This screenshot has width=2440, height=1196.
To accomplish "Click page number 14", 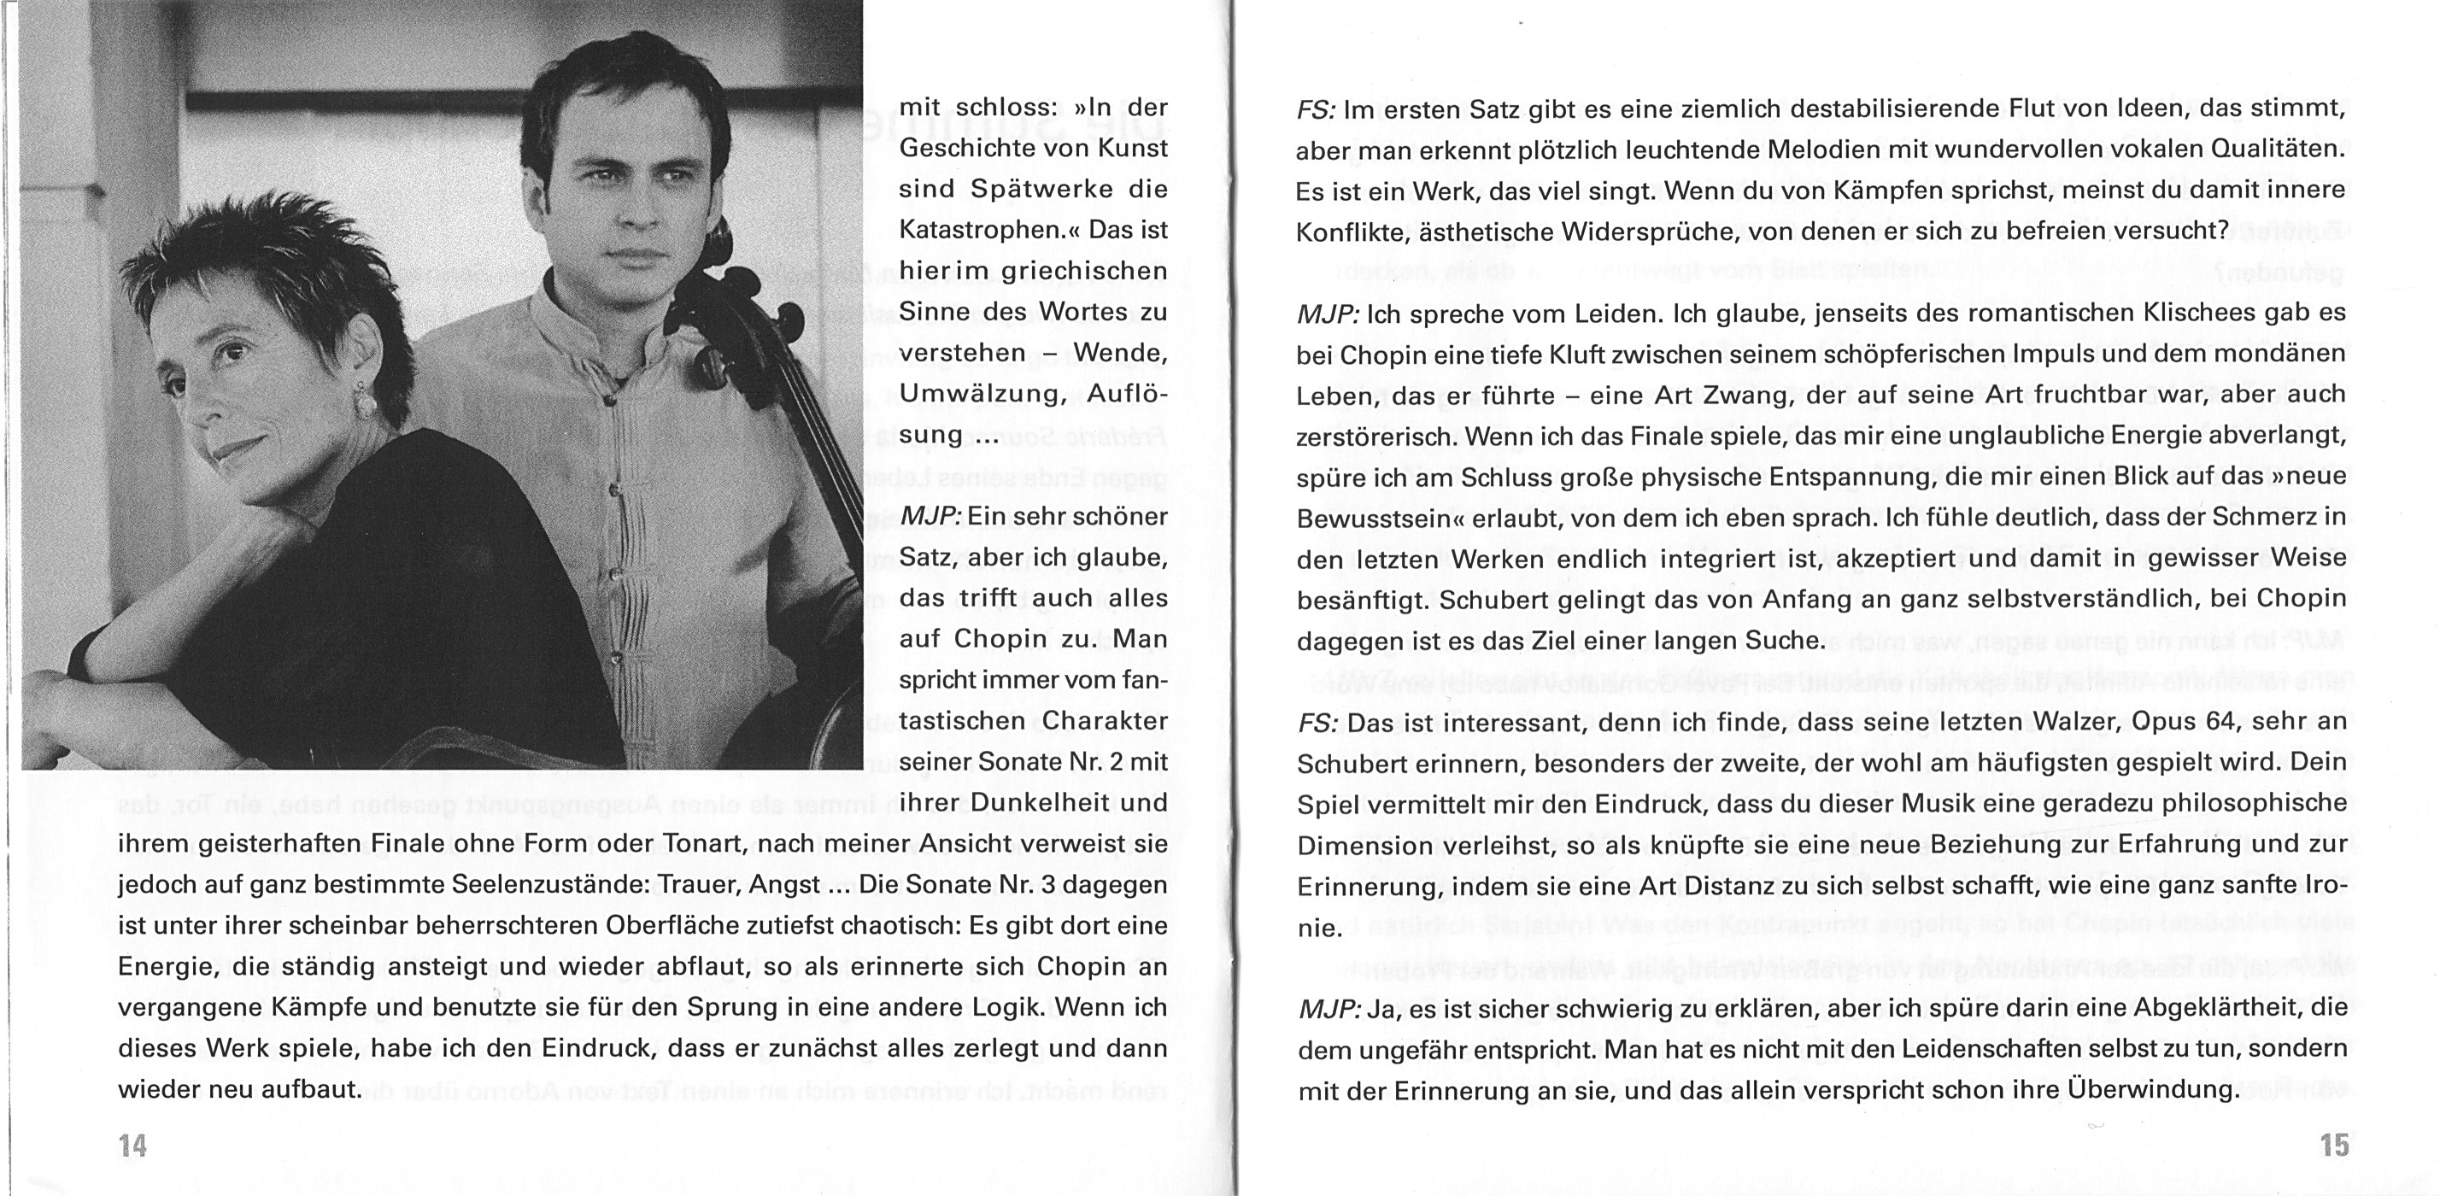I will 132,1146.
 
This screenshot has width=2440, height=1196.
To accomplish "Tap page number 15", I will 2335,1146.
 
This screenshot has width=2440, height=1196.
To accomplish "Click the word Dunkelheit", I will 1031,803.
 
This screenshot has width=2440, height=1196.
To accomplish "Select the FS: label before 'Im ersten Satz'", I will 1316,110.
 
